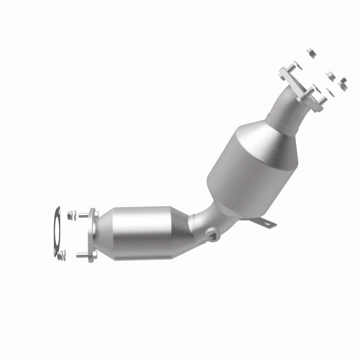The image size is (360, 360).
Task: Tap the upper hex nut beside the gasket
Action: click(x=72, y=215)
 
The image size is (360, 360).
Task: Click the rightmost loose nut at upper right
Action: click(x=343, y=82)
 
